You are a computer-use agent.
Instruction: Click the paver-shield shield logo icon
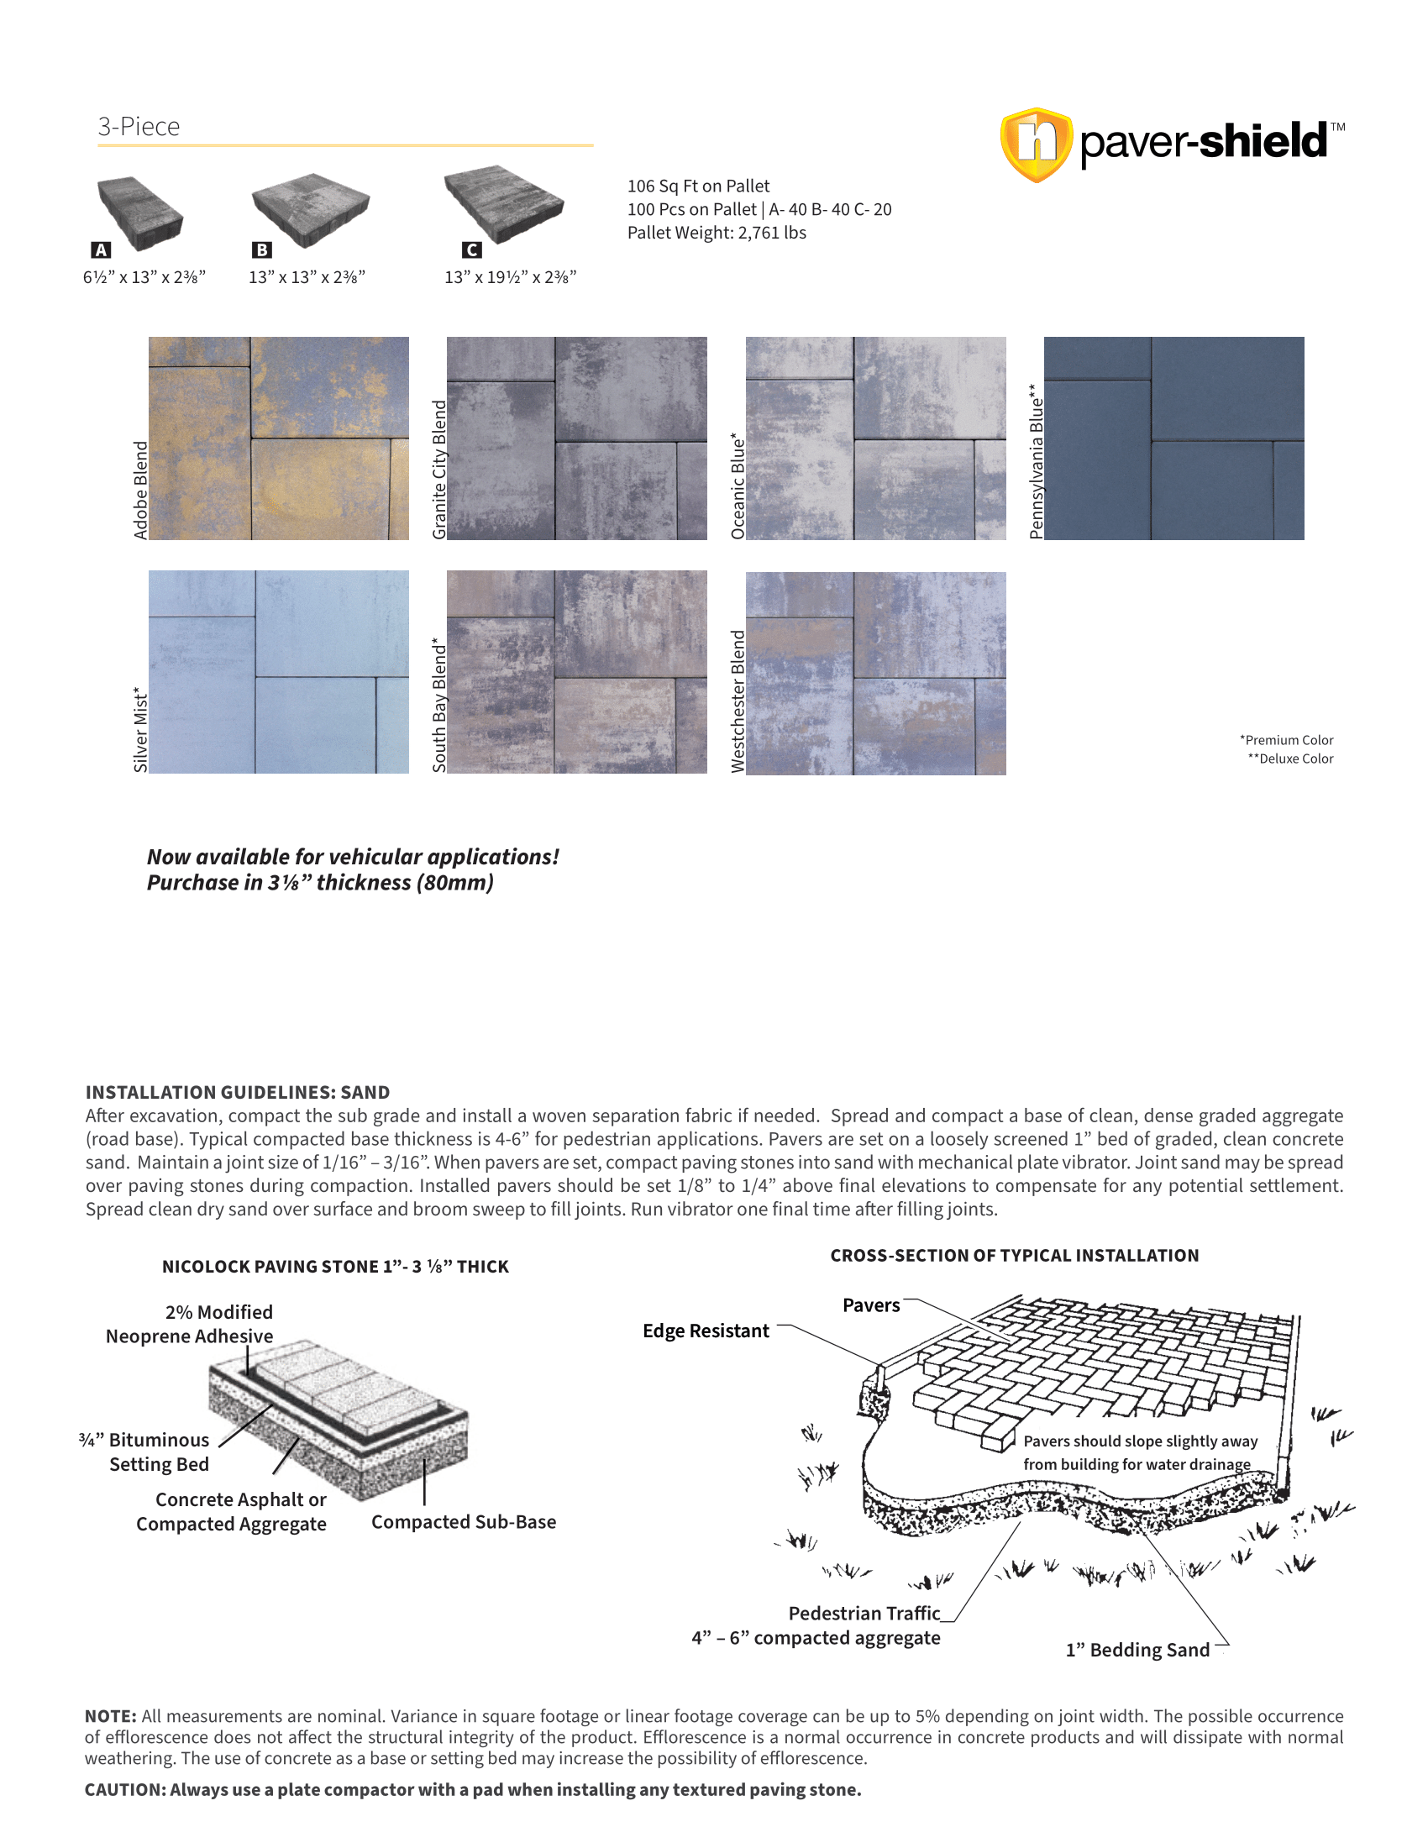coord(1037,144)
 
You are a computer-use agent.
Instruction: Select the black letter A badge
coord(101,250)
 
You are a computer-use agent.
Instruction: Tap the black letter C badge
coord(472,250)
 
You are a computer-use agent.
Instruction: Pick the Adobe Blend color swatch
coord(278,438)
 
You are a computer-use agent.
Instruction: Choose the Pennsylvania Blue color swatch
coord(1173,438)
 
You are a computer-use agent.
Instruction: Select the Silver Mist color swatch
coord(278,672)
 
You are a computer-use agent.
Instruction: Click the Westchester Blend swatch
coord(875,673)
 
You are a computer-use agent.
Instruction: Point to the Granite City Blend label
coord(439,470)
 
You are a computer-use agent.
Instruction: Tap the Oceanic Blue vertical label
coord(738,486)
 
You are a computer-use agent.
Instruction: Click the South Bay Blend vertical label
coord(439,705)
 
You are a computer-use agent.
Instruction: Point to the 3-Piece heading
coord(139,127)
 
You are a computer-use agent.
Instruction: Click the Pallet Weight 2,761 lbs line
coord(717,233)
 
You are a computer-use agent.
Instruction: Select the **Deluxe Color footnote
coord(1290,759)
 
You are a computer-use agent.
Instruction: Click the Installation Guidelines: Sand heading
coord(238,1092)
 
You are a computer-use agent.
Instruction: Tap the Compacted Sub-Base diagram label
coord(464,1522)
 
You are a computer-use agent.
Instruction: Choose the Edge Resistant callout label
coord(706,1331)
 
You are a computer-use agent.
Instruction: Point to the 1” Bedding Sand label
coord(1137,1650)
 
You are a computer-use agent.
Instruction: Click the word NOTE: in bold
coord(110,1716)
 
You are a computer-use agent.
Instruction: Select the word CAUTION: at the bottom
coord(125,1789)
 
